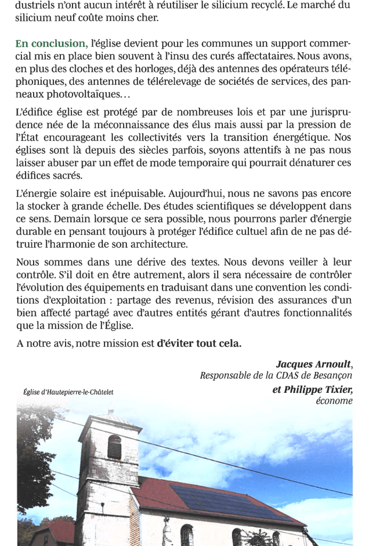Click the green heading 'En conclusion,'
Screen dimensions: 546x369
coord(52,44)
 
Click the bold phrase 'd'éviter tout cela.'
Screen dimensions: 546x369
coord(199,344)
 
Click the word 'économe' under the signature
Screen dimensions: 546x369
coord(334,401)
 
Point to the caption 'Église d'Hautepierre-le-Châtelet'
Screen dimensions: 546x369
coord(69,393)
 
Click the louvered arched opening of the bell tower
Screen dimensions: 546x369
coord(115,447)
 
